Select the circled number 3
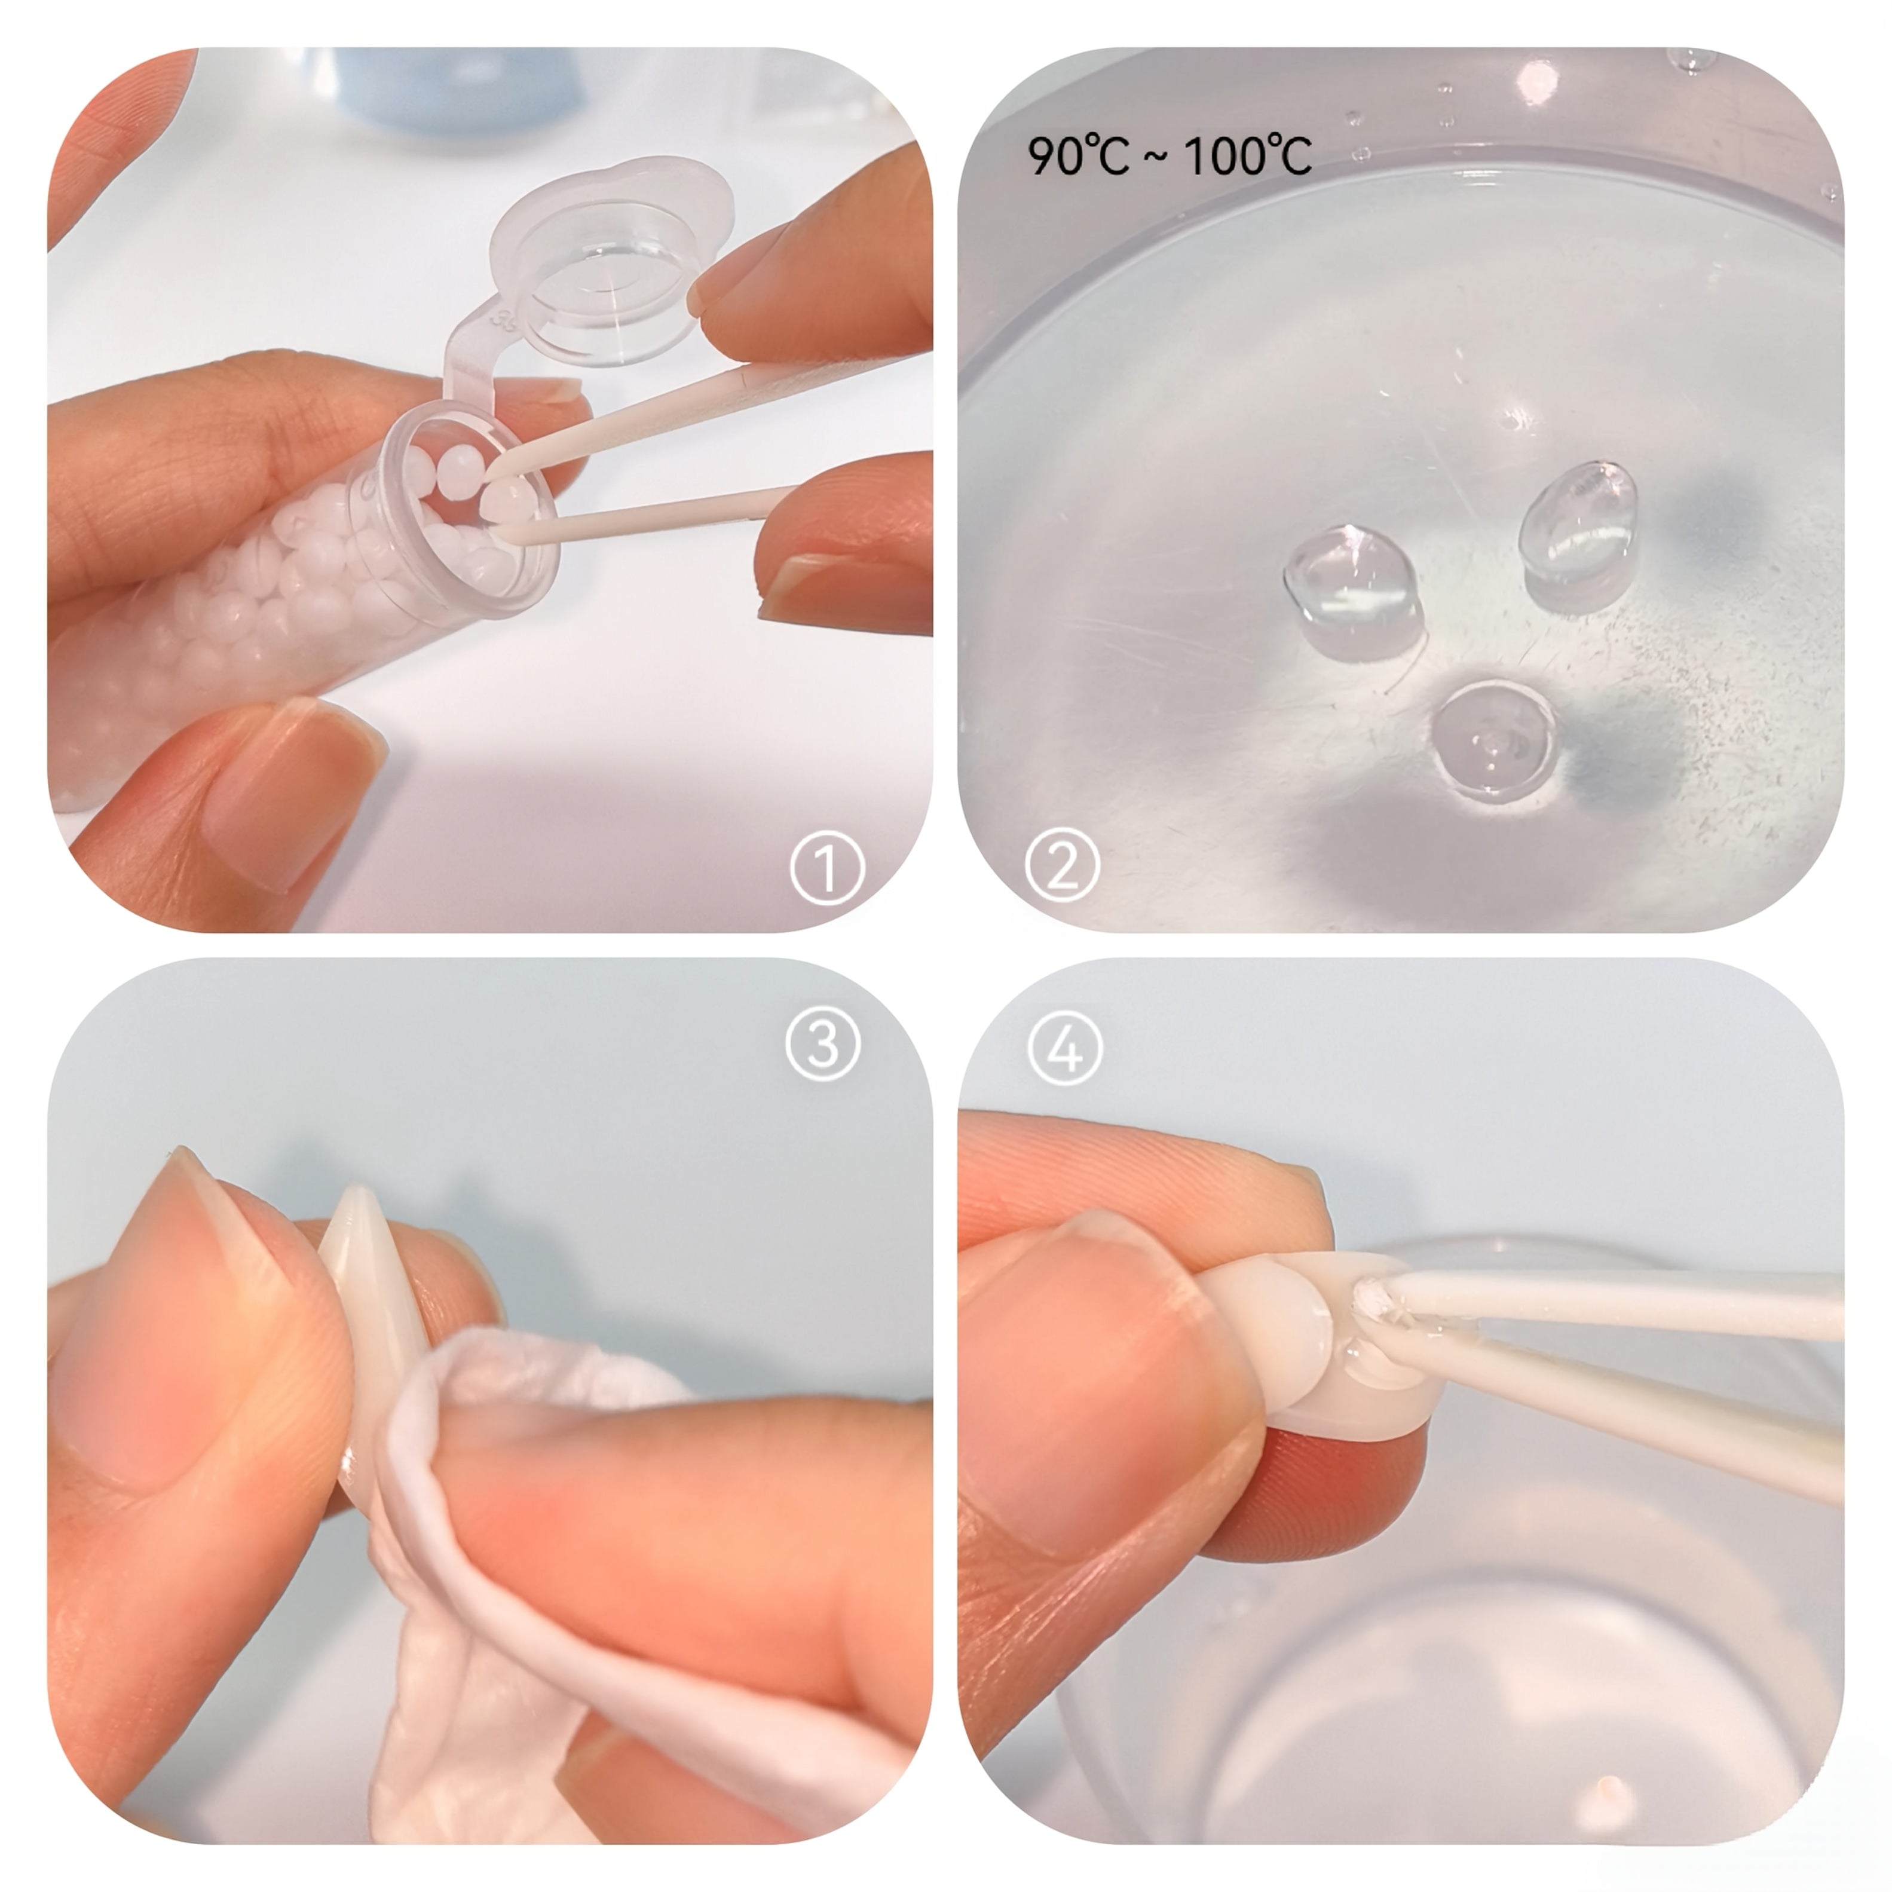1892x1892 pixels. (823, 1044)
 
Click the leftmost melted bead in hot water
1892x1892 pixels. (1351, 587)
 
